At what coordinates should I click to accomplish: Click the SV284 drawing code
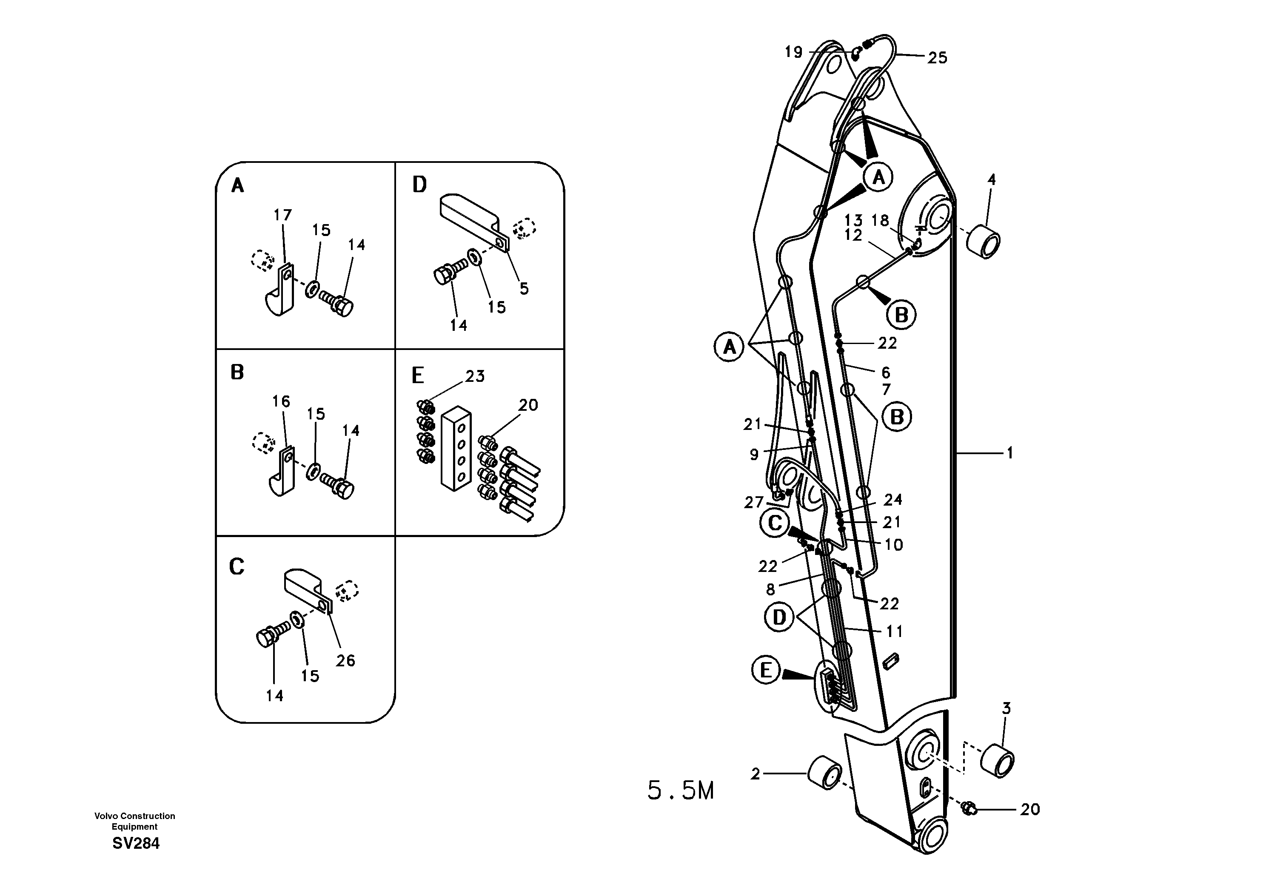[136, 843]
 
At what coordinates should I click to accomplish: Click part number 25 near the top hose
[937, 58]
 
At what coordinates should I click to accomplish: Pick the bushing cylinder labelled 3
[998, 761]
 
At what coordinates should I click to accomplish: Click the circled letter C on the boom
[775, 523]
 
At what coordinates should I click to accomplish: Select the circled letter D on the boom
[779, 617]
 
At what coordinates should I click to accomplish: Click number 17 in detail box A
[282, 215]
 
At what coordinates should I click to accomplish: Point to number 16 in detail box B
[281, 401]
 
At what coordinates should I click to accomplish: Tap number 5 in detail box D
[524, 288]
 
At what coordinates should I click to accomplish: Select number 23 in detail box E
[474, 376]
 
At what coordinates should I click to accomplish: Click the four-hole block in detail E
[456, 449]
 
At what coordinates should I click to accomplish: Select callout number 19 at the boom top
[793, 52]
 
